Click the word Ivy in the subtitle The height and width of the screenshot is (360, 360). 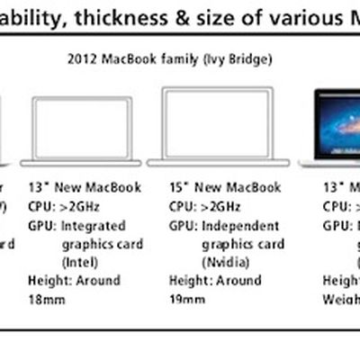click(207, 62)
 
